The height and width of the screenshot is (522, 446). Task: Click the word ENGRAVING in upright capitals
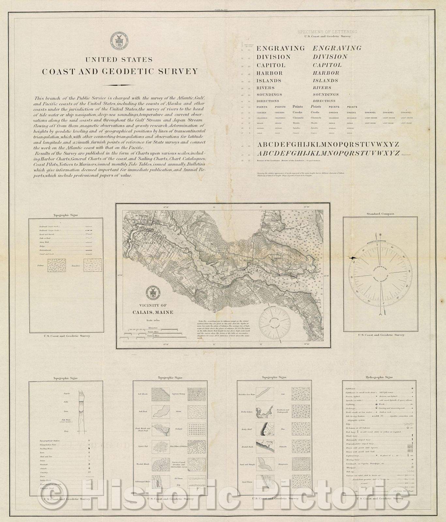click(x=280, y=48)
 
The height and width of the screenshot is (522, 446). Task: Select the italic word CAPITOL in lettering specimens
click(x=327, y=65)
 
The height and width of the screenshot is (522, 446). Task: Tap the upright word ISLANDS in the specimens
click(x=269, y=81)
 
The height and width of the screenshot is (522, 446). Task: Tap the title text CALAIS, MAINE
click(x=153, y=312)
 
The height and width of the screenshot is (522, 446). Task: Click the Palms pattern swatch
click(x=57, y=266)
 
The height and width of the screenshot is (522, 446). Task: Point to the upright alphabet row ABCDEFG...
click(x=328, y=145)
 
